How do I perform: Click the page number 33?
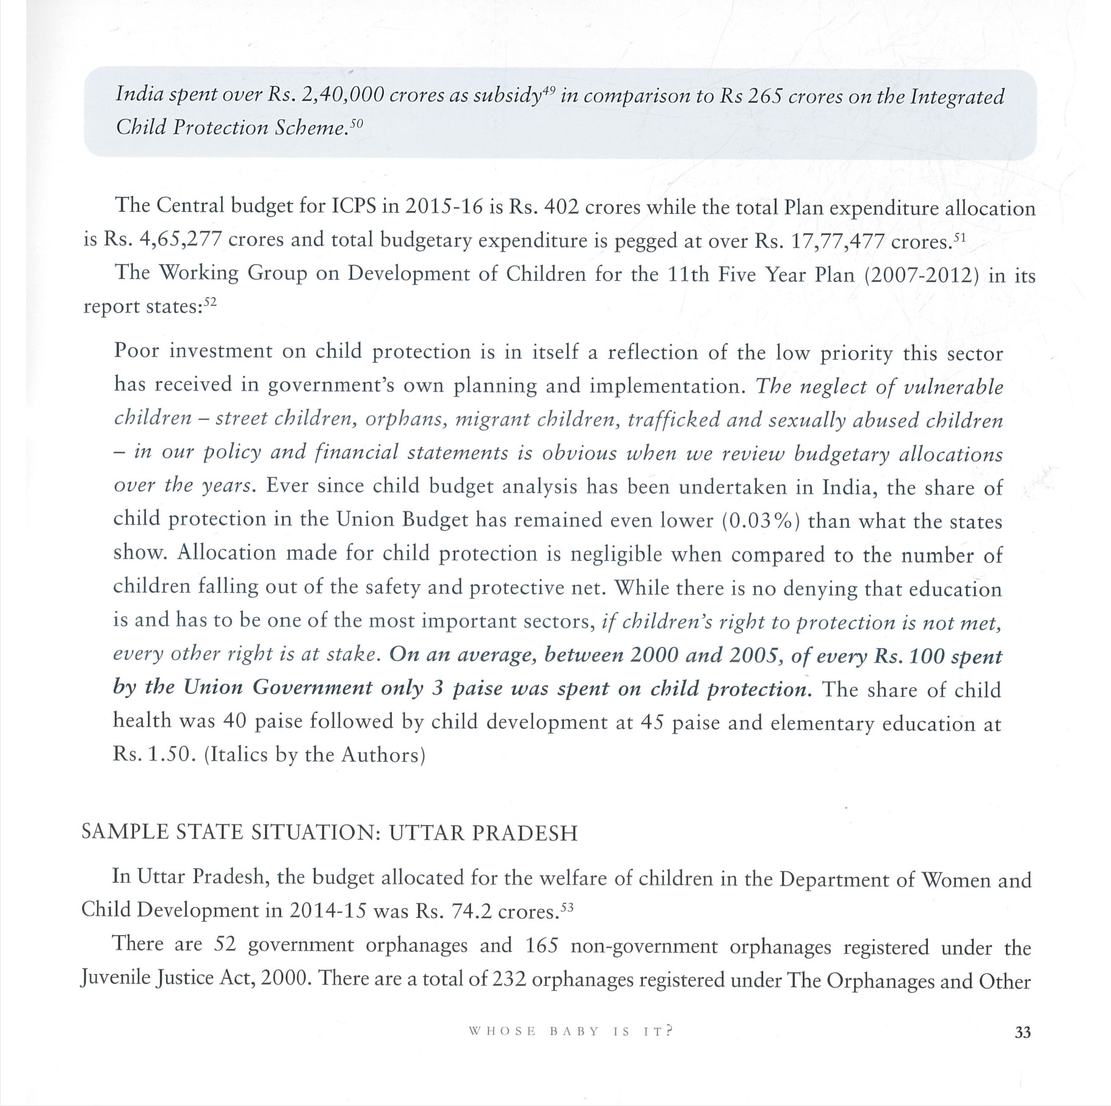coord(1022,1032)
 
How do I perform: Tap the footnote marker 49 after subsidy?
coord(549,91)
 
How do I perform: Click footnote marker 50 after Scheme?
coord(356,123)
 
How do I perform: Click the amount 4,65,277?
coord(180,239)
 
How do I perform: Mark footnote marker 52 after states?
coord(210,302)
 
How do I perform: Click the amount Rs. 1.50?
coord(154,754)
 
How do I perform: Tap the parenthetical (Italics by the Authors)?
coord(314,755)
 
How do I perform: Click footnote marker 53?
coord(567,907)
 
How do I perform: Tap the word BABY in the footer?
coord(574,1032)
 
